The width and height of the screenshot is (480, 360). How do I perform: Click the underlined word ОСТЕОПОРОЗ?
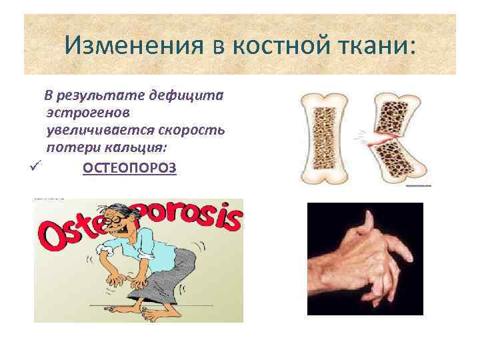pyautogui.click(x=129, y=167)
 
